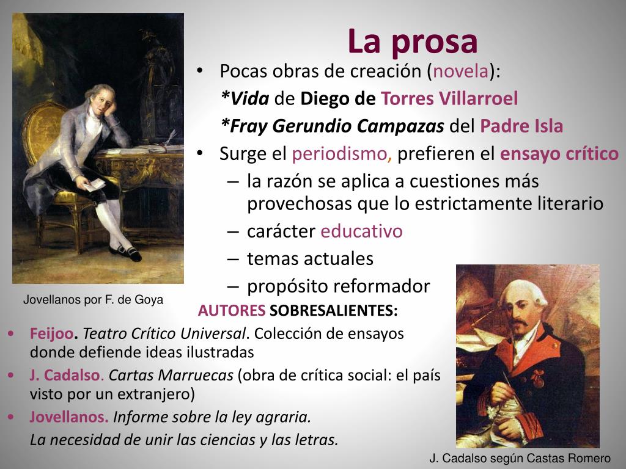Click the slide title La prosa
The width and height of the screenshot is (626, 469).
point(413,42)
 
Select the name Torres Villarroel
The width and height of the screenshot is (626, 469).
point(449,98)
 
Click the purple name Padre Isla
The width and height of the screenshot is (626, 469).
point(521,126)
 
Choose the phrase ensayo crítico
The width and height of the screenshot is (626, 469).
point(559,154)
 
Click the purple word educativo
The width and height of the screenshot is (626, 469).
point(362,232)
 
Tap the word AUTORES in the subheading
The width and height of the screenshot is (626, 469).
point(232,311)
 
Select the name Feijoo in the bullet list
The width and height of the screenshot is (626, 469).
point(51,334)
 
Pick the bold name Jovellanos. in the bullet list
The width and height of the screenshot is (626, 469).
point(69,417)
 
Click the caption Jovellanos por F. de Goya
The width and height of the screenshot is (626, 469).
point(94,300)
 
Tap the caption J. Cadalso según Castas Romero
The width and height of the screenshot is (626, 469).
point(520,458)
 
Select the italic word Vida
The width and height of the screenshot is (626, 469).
point(246,98)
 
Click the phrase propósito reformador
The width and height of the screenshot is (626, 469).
point(338,286)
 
